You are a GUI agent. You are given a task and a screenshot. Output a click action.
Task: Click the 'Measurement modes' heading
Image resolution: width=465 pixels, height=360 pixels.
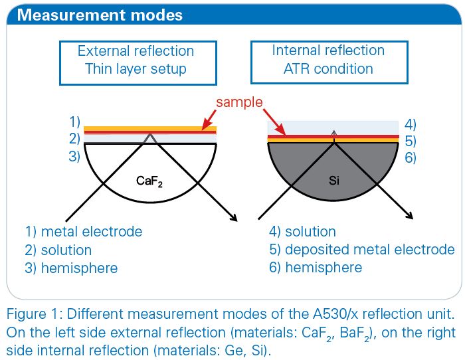pyautogui.click(x=100, y=15)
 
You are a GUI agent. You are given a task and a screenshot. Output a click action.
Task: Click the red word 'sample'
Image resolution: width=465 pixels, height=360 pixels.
pyautogui.click(x=239, y=102)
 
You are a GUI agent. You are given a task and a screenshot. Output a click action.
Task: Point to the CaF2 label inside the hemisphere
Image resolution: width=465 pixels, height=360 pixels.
pyautogui.click(x=149, y=181)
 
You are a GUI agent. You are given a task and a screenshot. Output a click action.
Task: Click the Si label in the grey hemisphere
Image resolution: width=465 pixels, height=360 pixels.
pyautogui.click(x=334, y=180)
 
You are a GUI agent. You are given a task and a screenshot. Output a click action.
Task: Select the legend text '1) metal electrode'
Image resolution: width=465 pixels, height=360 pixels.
pyautogui.click(x=84, y=232)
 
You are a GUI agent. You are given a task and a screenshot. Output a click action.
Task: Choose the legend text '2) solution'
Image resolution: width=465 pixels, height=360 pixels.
pyautogui.click(x=58, y=250)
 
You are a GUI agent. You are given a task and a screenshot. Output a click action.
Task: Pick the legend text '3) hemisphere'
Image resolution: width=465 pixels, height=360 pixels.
pyautogui.click(x=71, y=268)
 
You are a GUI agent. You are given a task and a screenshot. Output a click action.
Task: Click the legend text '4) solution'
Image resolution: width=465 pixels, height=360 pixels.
pyautogui.click(x=302, y=232)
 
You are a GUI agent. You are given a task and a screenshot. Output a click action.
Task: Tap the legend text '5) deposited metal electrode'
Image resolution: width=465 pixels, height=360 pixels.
pyautogui.click(x=362, y=250)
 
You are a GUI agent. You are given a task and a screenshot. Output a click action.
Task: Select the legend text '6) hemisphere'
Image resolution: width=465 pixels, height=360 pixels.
pyautogui.click(x=316, y=268)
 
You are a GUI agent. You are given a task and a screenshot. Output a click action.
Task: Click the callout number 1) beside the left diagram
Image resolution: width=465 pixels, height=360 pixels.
pyautogui.click(x=74, y=122)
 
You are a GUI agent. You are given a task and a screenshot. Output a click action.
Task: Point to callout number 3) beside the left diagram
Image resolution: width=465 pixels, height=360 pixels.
pyautogui.click(x=74, y=156)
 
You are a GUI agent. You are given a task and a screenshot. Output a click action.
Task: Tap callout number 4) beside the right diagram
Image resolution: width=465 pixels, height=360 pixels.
pyautogui.click(x=411, y=125)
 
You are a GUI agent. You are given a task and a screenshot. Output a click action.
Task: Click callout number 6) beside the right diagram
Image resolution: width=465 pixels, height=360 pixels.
pyautogui.click(x=411, y=158)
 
